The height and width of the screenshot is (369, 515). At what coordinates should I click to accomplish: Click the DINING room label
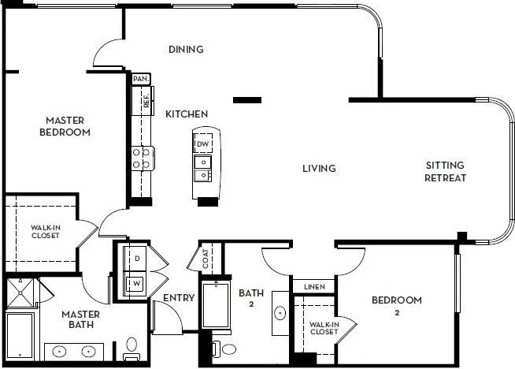click(186, 50)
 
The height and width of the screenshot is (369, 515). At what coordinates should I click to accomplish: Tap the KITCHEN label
click(187, 114)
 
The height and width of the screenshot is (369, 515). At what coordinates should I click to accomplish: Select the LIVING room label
click(319, 168)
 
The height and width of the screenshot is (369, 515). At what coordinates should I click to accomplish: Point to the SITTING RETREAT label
click(446, 171)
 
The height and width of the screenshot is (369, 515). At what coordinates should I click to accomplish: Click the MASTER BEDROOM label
click(65, 126)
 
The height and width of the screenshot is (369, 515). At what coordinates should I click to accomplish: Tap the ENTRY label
click(178, 298)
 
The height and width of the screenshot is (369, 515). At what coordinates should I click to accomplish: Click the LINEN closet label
click(314, 285)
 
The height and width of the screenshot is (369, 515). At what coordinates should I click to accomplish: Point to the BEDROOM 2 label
click(397, 306)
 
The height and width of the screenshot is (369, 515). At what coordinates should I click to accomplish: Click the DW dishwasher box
click(202, 144)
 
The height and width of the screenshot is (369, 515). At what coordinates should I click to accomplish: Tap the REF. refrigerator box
click(146, 101)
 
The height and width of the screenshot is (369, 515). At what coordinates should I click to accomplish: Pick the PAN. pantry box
click(141, 79)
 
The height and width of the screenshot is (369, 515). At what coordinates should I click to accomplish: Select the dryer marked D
click(135, 258)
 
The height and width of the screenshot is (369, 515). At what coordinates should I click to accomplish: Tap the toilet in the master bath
click(132, 347)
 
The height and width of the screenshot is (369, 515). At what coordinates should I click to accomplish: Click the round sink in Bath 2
click(280, 313)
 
